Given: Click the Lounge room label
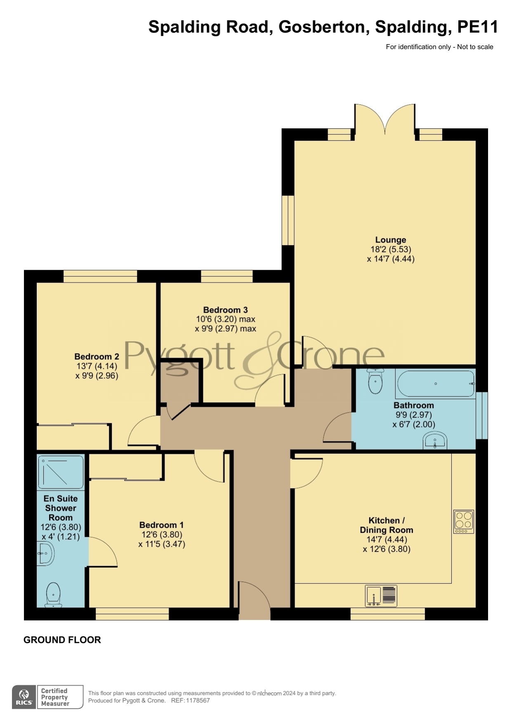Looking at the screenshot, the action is coord(391,240).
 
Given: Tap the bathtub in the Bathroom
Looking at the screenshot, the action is coord(436,384).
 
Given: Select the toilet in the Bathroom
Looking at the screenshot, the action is coord(375,381).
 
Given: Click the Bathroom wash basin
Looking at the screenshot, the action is coord(435,441).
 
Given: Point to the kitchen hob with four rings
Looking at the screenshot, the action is coord(464,521).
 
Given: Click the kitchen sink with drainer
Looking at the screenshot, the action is coord(381,596).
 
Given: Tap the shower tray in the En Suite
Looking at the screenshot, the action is coord(61,472).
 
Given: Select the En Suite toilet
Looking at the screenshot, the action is coord(53,594).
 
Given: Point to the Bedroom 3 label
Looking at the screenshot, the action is coord(225,310).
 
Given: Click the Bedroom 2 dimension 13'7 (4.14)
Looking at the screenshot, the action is coord(97,366).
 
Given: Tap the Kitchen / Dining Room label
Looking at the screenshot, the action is coord(387,525).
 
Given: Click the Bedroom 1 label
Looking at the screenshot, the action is coord(161,525).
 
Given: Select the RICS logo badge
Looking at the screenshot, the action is coord(24,697).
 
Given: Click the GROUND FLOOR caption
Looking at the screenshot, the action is coord(62,640).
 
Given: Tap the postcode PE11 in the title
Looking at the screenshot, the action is coord(477,27).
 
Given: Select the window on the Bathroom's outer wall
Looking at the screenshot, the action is coord(481,415).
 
